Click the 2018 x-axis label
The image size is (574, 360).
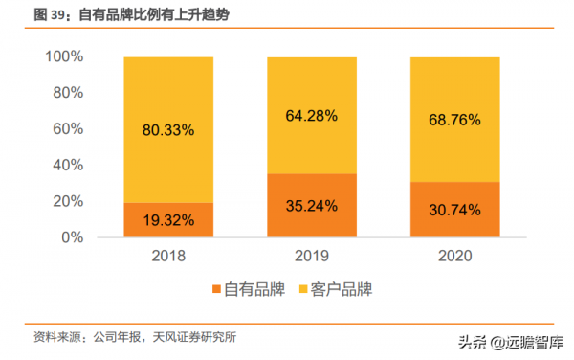[x=168, y=257]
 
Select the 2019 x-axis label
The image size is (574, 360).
[x=312, y=257]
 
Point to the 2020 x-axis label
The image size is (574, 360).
[x=455, y=257]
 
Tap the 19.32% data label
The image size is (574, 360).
[x=168, y=220]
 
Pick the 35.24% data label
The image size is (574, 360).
[x=312, y=206]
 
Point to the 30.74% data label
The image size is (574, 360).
[x=455, y=210]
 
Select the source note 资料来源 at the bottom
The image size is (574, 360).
[x=135, y=337]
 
